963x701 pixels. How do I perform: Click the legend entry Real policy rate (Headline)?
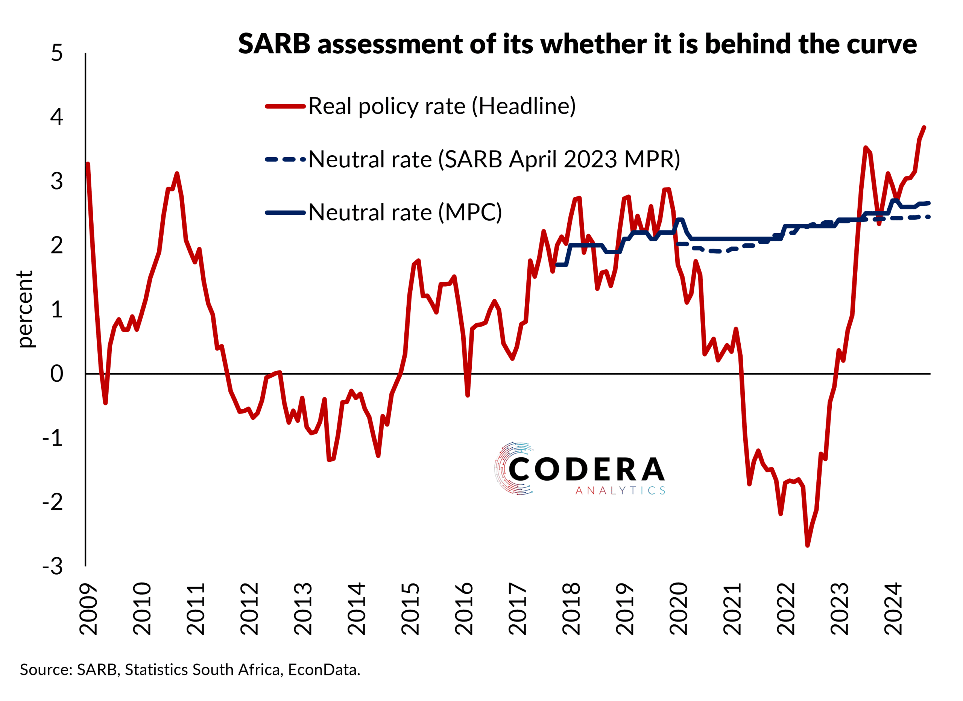point(442,106)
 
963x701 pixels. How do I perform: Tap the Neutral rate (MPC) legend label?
point(405,212)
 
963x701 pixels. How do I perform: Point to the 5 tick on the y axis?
point(56,53)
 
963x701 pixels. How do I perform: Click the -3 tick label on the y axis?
point(53,566)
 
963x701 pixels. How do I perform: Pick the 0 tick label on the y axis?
point(56,374)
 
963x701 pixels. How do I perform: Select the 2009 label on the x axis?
point(88,609)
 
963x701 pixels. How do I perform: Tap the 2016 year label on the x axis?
point(464,609)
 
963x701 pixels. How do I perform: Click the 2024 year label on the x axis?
point(893,609)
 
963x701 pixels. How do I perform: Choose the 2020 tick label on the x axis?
point(679,609)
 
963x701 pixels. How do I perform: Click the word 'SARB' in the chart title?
point(274,44)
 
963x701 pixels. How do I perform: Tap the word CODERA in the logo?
point(586,470)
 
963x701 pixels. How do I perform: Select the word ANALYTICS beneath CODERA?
point(620,491)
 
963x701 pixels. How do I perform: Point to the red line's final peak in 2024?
point(924,127)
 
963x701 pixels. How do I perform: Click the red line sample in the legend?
point(286,106)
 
